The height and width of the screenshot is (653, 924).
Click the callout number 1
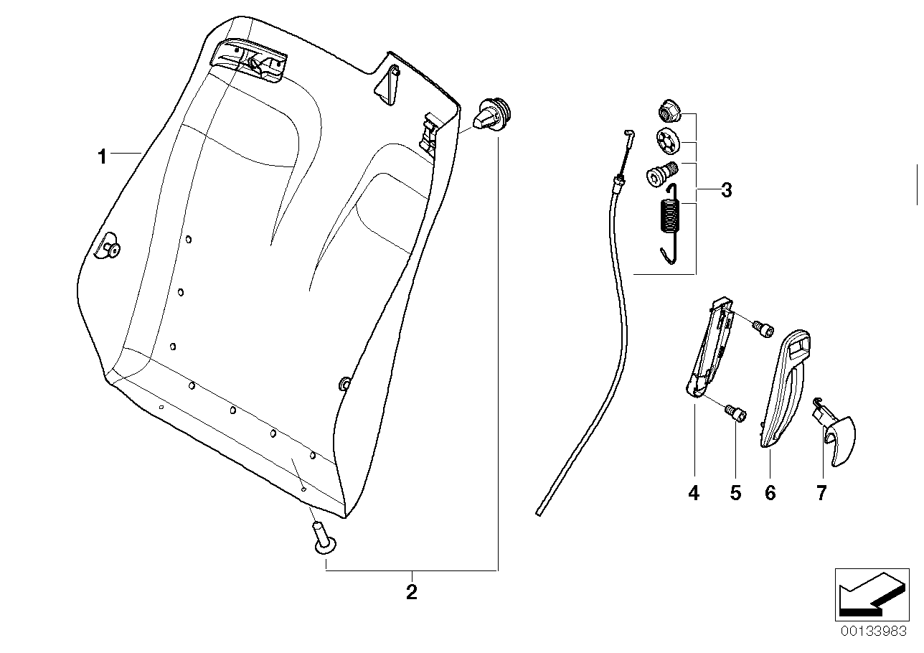(x=103, y=156)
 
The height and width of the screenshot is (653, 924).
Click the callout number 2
(x=412, y=592)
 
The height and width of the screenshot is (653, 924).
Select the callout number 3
(x=726, y=190)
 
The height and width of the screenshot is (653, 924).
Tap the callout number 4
(x=693, y=493)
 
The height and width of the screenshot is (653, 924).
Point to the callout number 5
(x=735, y=493)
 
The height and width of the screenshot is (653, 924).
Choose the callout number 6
(x=770, y=493)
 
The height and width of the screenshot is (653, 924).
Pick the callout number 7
(x=821, y=493)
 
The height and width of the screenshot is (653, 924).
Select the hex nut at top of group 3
(x=668, y=112)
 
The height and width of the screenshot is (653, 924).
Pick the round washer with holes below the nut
(x=668, y=140)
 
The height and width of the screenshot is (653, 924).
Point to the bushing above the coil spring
(x=664, y=174)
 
